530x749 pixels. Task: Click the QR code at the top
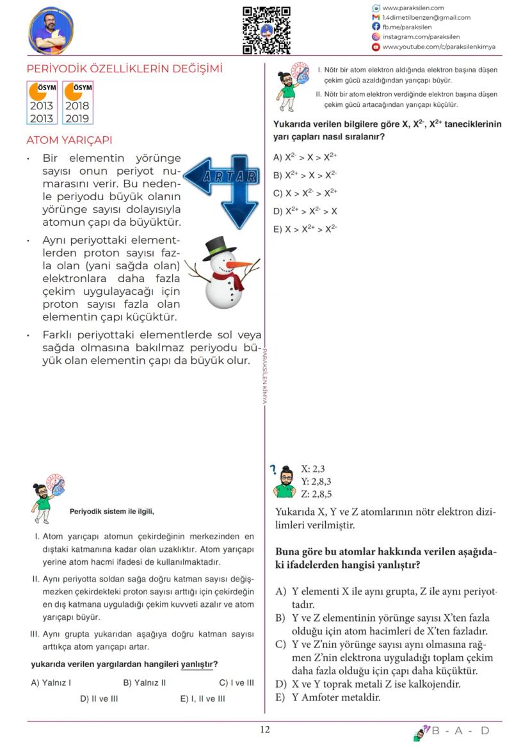[266, 30]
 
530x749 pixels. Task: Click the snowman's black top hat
[217, 249]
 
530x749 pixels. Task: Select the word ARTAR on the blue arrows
[230, 176]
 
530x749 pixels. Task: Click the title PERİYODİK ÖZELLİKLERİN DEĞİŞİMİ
[124, 69]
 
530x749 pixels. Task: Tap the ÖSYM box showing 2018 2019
[77, 102]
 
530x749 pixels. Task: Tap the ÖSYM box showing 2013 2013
[42, 102]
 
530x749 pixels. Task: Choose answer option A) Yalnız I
[51, 682]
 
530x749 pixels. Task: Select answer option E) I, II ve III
[202, 698]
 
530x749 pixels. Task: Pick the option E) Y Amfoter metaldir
[328, 697]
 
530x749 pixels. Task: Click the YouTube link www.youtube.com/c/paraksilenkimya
[438, 47]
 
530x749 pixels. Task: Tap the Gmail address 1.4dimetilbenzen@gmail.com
[426, 18]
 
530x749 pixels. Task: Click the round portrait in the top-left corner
[50, 31]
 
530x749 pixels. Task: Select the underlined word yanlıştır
[197, 664]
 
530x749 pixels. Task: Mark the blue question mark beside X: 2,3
[273, 471]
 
